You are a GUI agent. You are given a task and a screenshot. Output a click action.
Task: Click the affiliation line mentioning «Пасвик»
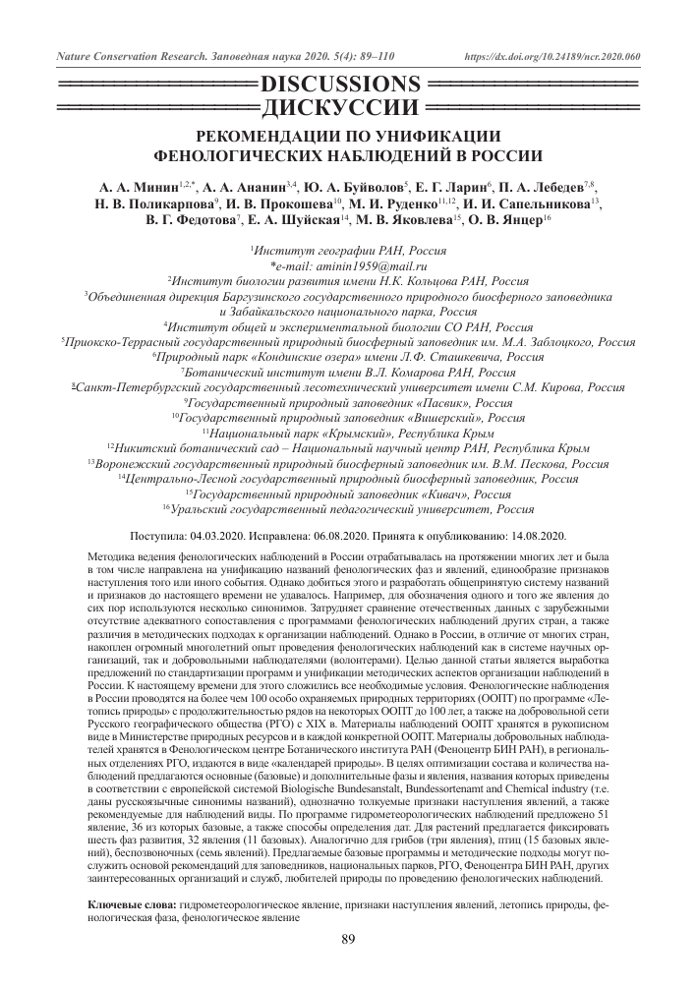coord(348,403)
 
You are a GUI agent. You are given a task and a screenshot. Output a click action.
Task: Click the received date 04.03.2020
coord(224,536)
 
